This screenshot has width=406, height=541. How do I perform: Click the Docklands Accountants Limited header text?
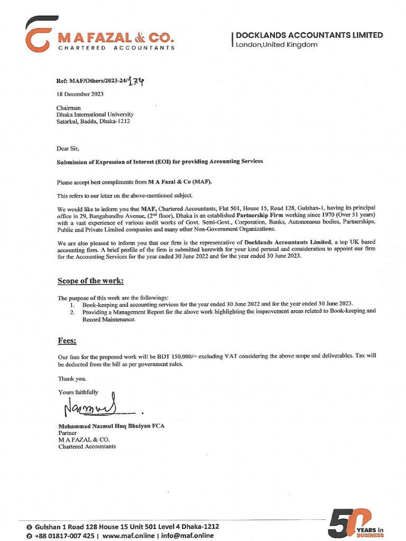(309, 35)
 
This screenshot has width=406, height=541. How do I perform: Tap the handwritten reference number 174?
(136, 81)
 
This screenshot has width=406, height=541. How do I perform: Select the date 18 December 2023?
(80, 94)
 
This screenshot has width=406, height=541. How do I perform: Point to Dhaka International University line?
(95, 114)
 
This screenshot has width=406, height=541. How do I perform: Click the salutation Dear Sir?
(68, 148)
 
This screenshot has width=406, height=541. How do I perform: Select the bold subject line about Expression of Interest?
(160, 162)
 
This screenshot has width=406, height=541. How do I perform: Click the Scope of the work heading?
(90, 281)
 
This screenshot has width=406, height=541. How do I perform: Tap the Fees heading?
(67, 341)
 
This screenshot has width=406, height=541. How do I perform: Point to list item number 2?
(72, 312)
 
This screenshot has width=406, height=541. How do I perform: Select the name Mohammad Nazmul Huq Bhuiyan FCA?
(111, 426)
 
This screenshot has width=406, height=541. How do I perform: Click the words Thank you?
(71, 378)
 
